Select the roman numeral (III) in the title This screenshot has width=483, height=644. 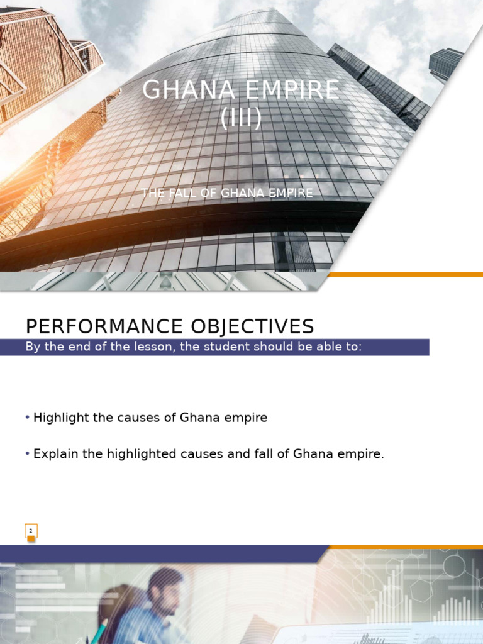pyautogui.click(x=241, y=118)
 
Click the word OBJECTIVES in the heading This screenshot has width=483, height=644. pyautogui.click(x=262, y=326)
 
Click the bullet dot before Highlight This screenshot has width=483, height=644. pyautogui.click(x=28, y=418)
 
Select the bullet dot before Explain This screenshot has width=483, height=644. pyautogui.click(x=28, y=453)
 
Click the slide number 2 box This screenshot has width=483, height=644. pyautogui.click(x=31, y=531)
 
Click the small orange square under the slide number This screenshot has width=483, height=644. pyautogui.click(x=31, y=539)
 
